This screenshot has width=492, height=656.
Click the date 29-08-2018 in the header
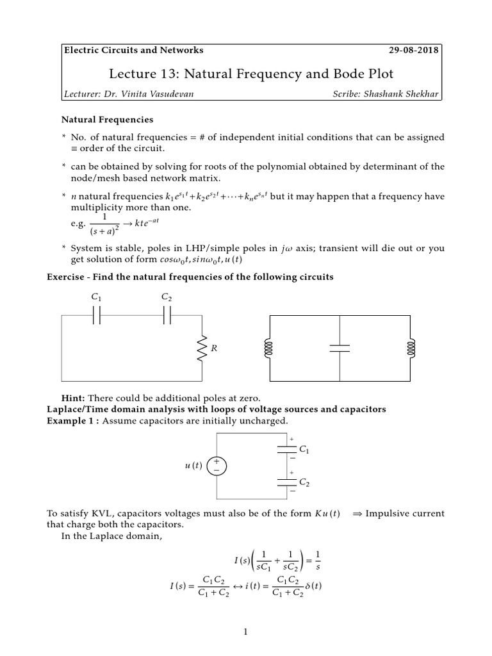pos(414,50)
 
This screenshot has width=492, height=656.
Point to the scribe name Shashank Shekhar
pos(386,94)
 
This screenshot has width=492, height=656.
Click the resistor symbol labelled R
pos(200,347)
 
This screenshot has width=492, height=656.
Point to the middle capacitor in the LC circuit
pos(340,347)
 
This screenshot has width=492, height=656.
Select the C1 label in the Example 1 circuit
pos(304,452)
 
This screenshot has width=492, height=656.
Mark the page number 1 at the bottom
pos(245,632)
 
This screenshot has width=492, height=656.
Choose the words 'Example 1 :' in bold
pos(74,420)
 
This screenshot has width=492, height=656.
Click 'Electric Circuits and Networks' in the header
pos(133,50)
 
